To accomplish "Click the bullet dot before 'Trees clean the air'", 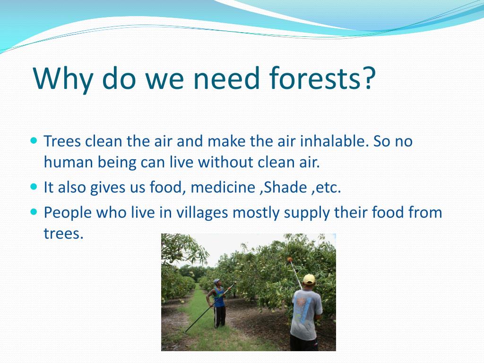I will click(33, 141).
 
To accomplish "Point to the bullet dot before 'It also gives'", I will click(33, 187).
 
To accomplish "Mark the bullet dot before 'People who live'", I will click(33, 212).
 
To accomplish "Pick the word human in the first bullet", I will click(66, 162).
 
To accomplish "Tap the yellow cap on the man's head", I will click(309, 279).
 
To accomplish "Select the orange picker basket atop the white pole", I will click(289, 259).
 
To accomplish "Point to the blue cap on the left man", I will click(216, 281).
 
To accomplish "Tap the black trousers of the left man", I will click(220, 317).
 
